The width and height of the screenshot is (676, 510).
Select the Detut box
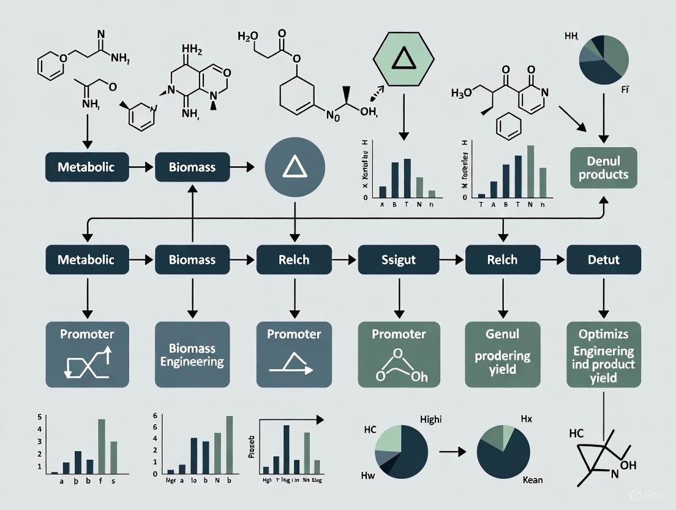[x=604, y=260]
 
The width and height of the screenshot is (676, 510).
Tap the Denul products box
[x=604, y=167]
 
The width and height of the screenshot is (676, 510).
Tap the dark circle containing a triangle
[x=295, y=168]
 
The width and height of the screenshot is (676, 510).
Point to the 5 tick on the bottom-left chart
[x=40, y=417]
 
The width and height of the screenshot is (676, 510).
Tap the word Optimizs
[x=604, y=335]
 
